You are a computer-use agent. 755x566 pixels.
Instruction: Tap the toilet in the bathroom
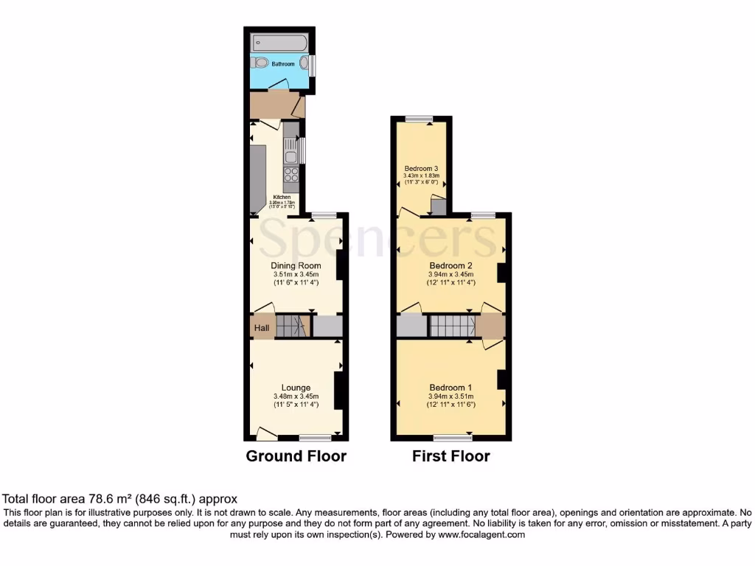[262, 63]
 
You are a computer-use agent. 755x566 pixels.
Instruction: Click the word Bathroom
[282, 65]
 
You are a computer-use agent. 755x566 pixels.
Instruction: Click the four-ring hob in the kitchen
[291, 175]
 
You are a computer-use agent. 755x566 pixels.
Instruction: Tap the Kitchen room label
[282, 197]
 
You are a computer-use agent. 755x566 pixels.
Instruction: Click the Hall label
[261, 328]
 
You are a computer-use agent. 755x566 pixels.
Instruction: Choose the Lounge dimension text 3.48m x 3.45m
[296, 396]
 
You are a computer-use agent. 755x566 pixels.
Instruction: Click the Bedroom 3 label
[422, 169]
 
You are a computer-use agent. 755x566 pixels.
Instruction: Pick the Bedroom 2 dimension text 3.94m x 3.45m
[450, 274]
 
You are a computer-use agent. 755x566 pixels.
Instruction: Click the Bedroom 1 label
[450, 388]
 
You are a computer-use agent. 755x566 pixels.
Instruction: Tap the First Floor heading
[450, 456]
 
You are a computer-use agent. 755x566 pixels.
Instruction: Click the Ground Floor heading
[296, 456]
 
